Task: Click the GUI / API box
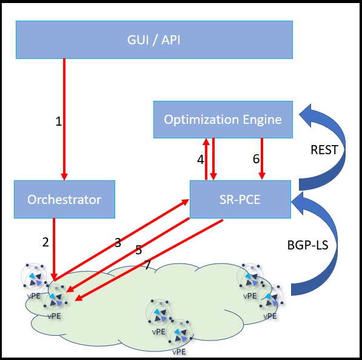pos(154,40)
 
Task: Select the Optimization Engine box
pos(223,120)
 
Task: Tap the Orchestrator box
pos(64,199)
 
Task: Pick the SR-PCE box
pos(240,199)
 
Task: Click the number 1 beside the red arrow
pos(59,121)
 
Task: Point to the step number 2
pos(45,242)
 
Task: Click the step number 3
pos(118,243)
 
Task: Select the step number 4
pos(200,160)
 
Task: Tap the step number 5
pos(138,250)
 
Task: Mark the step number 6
pos(256,159)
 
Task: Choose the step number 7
pos(147,265)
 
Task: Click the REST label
pos(324,150)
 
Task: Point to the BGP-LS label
pos(308,245)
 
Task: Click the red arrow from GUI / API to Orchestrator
pos(64,119)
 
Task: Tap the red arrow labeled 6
pos(262,158)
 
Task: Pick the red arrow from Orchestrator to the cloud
pos(54,250)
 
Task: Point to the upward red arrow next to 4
pos(206,159)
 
